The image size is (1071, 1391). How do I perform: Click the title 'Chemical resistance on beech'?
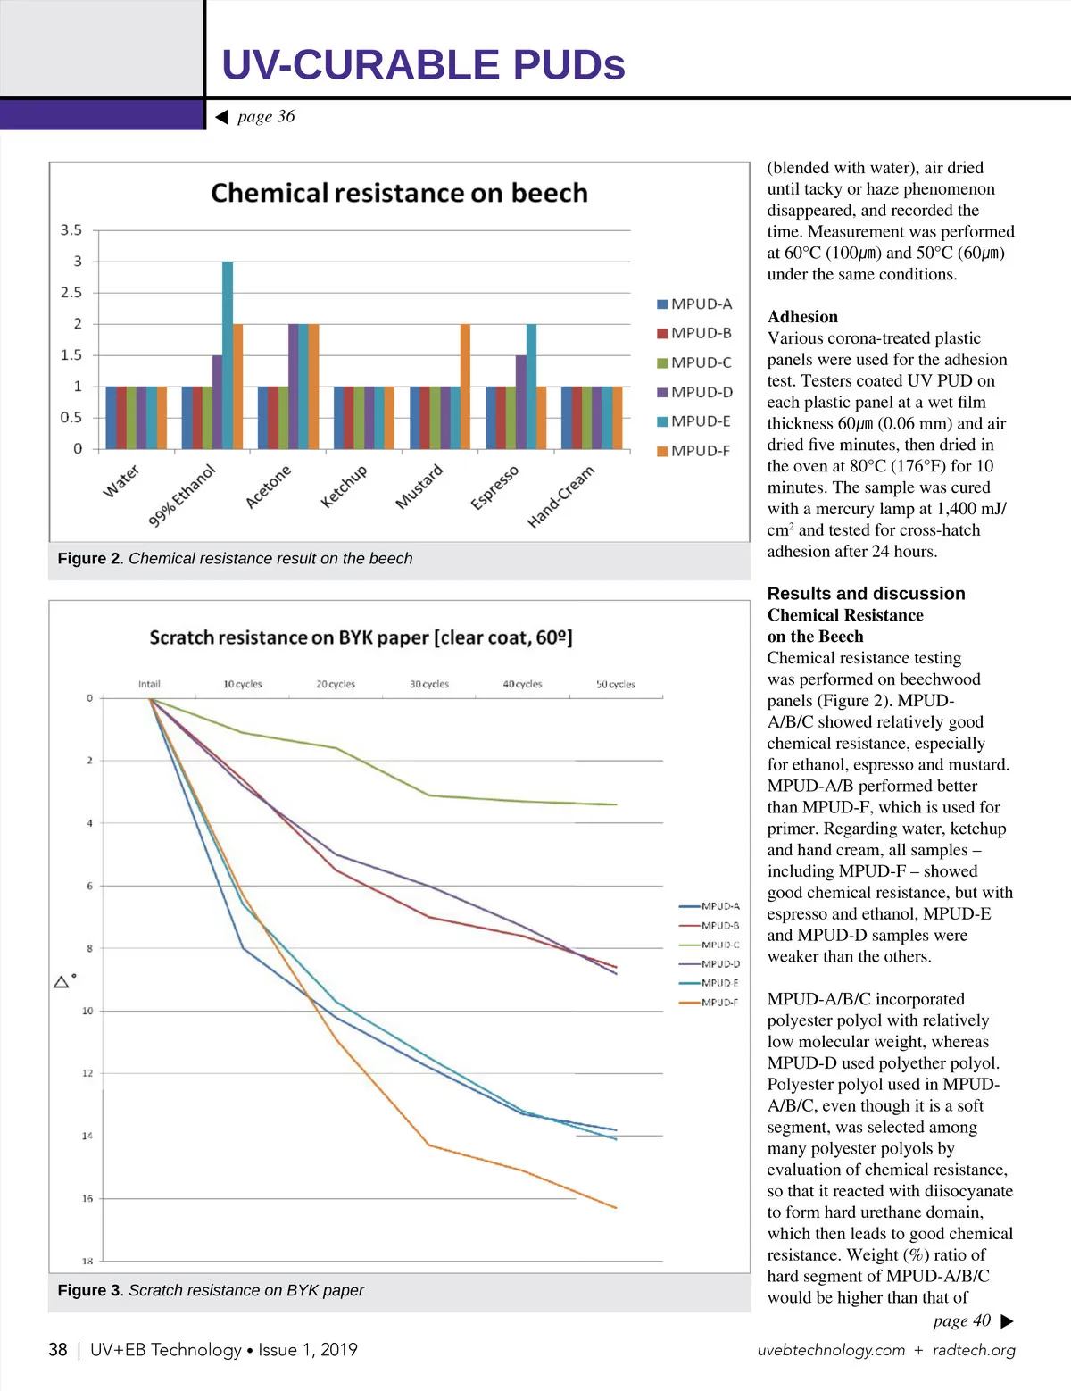399,193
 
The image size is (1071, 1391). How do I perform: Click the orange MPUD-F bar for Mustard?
465,386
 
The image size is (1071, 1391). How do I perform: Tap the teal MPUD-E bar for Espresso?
531,386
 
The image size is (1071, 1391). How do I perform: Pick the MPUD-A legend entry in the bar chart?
694,304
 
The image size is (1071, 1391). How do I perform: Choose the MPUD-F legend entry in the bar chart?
694,451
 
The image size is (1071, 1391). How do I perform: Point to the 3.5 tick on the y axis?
71,230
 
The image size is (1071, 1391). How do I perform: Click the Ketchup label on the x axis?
345,487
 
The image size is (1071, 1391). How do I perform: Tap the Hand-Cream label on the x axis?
560,496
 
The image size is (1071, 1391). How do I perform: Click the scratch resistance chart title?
361,637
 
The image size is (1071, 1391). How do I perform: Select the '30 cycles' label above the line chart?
429,684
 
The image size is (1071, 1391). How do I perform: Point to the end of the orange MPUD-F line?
616,1208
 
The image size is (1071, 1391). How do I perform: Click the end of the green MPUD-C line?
616,804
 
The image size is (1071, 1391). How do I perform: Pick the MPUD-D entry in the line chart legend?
710,964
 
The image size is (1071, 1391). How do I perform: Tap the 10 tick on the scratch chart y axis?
87,1011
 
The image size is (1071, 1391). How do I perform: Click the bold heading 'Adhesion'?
802,317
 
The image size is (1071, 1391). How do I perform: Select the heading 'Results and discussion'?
866,594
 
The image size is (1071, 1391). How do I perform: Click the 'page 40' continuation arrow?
1008,1321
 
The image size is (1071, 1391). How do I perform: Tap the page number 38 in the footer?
58,1350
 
